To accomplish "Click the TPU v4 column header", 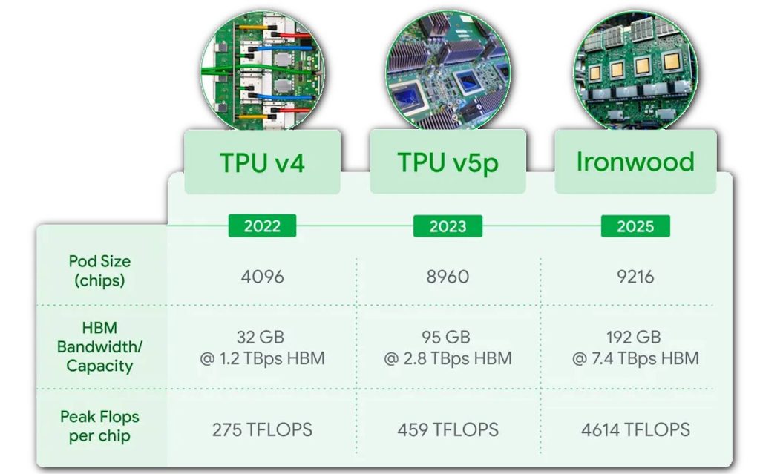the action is (x=262, y=162).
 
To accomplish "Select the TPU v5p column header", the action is (x=448, y=162).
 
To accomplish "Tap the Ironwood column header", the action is (x=635, y=162).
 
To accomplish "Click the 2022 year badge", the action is (x=262, y=226).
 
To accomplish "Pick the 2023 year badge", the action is (x=448, y=226).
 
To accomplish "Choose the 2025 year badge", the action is (x=635, y=226).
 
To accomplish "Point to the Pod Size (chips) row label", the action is (x=100, y=271).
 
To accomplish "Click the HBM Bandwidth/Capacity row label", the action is (x=99, y=346).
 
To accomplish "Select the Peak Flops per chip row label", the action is (x=100, y=427).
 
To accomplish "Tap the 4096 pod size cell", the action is (x=262, y=277).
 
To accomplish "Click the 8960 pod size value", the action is (x=448, y=277).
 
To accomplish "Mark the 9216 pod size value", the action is (x=635, y=277).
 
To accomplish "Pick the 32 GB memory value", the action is (x=261, y=337).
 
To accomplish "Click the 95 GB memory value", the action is (x=446, y=337).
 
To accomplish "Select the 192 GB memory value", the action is (x=634, y=337).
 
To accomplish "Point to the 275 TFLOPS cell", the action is (x=262, y=430).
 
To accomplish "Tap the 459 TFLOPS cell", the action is (x=448, y=430).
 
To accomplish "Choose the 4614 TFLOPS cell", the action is (x=635, y=430).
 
